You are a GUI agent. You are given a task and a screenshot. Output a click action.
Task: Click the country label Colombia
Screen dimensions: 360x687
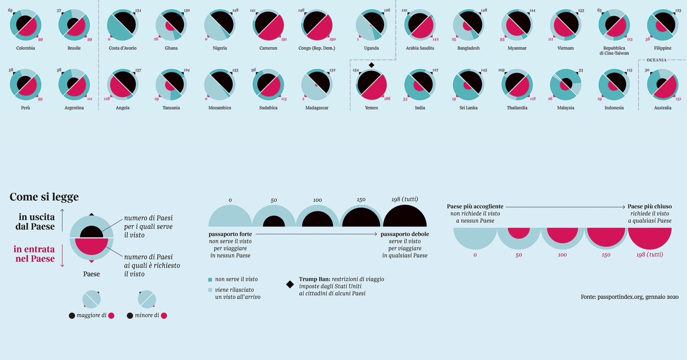25,48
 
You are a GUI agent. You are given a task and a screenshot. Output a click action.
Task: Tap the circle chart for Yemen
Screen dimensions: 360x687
371,85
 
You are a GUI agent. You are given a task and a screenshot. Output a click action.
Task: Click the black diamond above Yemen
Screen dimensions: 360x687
371,65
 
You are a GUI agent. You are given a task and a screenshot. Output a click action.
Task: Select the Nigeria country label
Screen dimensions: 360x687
220,48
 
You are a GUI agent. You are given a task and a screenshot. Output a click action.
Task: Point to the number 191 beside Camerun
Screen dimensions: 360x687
284,40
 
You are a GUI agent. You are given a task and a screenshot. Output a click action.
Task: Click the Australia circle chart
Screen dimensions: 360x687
662,85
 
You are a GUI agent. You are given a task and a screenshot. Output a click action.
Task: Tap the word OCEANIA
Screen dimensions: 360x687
656,60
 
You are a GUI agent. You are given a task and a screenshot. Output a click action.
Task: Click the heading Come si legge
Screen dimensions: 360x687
44,197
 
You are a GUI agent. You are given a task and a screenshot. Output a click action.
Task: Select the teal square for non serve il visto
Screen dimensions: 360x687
210,280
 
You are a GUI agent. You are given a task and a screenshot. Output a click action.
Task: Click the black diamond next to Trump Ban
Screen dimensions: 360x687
290,284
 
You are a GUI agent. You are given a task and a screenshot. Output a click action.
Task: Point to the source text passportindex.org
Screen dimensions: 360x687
629,297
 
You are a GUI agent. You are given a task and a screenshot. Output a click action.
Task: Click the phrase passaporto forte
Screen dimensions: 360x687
230,234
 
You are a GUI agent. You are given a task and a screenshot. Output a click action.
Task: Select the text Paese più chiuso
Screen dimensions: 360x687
650,206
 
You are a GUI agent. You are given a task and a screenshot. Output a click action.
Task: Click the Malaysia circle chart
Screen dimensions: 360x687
566,85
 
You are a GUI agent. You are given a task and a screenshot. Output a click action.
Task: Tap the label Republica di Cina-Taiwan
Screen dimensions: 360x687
614,50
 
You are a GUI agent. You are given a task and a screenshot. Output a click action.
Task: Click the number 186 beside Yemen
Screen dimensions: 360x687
387,99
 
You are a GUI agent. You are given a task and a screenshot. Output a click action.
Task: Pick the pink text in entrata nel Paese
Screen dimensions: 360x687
34,254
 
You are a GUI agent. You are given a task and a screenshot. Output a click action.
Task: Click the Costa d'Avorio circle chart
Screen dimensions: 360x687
123,25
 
